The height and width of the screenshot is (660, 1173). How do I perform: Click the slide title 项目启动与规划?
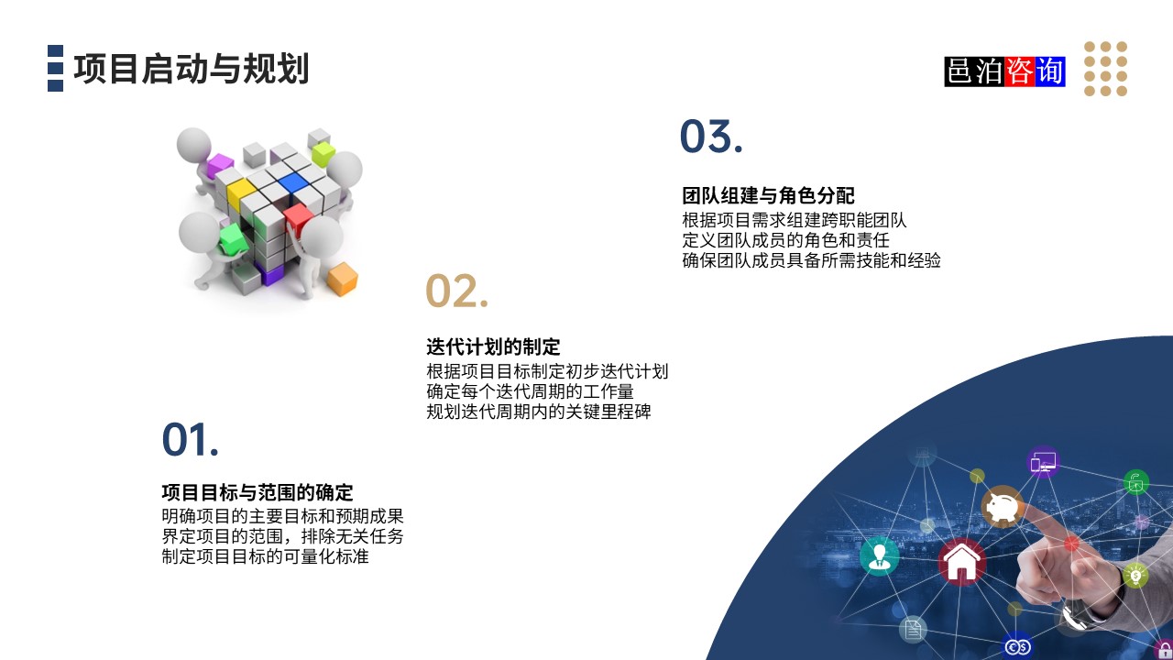pyautogui.click(x=191, y=70)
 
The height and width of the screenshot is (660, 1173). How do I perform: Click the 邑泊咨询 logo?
pyautogui.click(x=1004, y=71)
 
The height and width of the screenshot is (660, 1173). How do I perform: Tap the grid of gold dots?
pyautogui.click(x=1105, y=69)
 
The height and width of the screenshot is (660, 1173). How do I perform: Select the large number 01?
pyautogui.click(x=191, y=440)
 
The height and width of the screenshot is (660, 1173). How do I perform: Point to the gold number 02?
pyautogui.click(x=456, y=291)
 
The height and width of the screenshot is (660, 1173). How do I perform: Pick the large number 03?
pyautogui.click(x=710, y=137)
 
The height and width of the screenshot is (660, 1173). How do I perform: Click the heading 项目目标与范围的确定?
pyautogui.click(x=258, y=492)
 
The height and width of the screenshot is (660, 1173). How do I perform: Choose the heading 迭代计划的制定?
pyautogui.click(x=493, y=347)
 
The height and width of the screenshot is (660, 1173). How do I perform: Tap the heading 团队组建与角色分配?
pyautogui.click(x=768, y=195)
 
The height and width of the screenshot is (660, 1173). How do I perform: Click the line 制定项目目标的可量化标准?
pyautogui.click(x=266, y=555)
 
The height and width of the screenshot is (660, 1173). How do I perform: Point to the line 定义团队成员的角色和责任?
pyautogui.click(x=785, y=240)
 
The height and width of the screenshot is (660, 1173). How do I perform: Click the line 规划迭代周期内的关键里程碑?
pyautogui.click(x=539, y=412)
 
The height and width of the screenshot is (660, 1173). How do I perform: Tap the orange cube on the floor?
pyautogui.click(x=342, y=279)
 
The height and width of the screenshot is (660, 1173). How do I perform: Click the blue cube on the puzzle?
pyautogui.click(x=292, y=181)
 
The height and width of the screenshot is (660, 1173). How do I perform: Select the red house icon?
pyautogui.click(x=961, y=562)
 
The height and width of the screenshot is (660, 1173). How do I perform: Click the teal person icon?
pyautogui.click(x=880, y=555)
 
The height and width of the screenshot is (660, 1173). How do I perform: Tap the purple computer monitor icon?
pyautogui.click(x=1043, y=462)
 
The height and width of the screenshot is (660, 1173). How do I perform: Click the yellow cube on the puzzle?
pyautogui.click(x=241, y=192)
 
